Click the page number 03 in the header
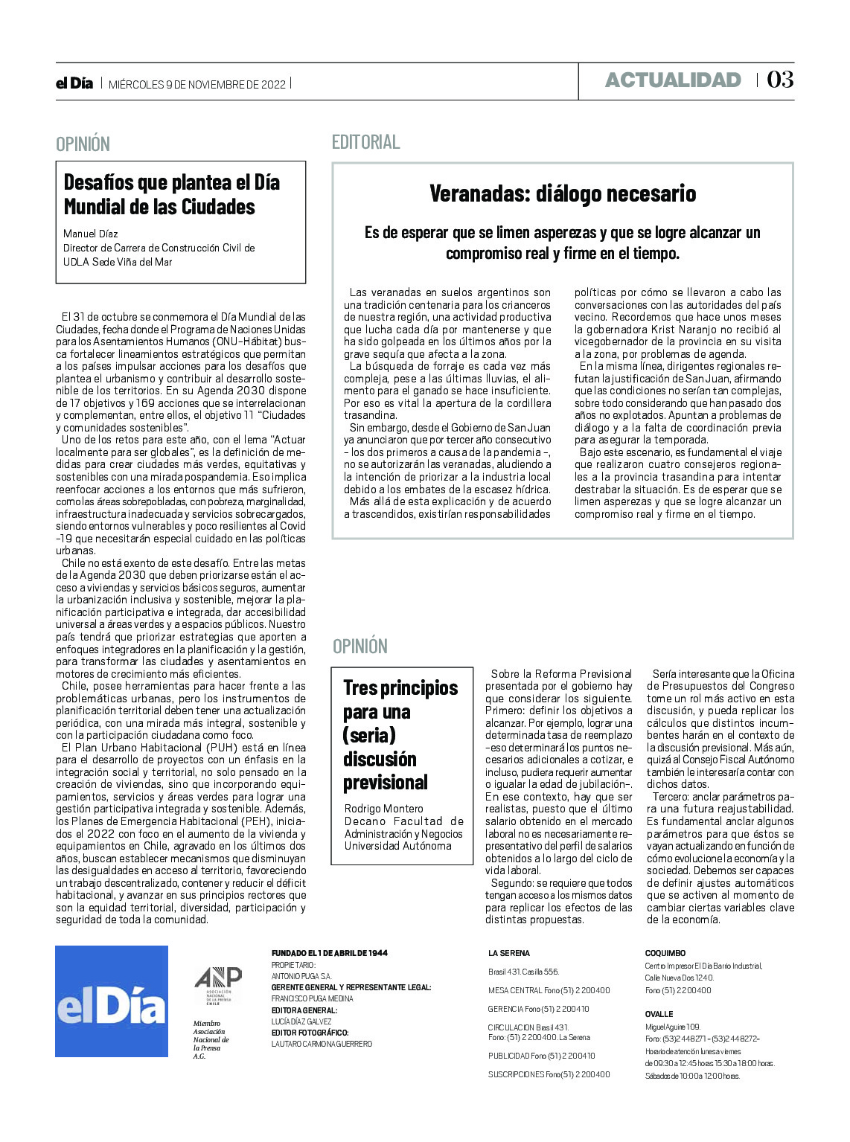[x=779, y=80]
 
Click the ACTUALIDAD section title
[x=673, y=80]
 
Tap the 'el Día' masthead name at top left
[x=74, y=83]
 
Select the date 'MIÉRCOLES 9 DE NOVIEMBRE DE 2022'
[x=197, y=84]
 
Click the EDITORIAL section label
[x=365, y=141]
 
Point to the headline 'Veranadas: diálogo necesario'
[x=563, y=193]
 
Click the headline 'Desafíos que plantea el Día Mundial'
[x=171, y=194]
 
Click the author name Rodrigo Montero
[x=383, y=808]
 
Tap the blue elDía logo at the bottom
[x=112, y=1001]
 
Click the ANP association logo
[x=217, y=986]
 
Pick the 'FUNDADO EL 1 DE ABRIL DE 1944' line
[x=329, y=953]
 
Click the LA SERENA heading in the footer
[x=509, y=953]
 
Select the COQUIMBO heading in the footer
[x=665, y=953]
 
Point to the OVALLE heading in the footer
[x=659, y=1014]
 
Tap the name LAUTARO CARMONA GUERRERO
[x=322, y=1044]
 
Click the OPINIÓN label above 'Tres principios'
[x=360, y=646]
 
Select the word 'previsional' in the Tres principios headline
[x=386, y=783]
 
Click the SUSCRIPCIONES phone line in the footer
[x=549, y=1074]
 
